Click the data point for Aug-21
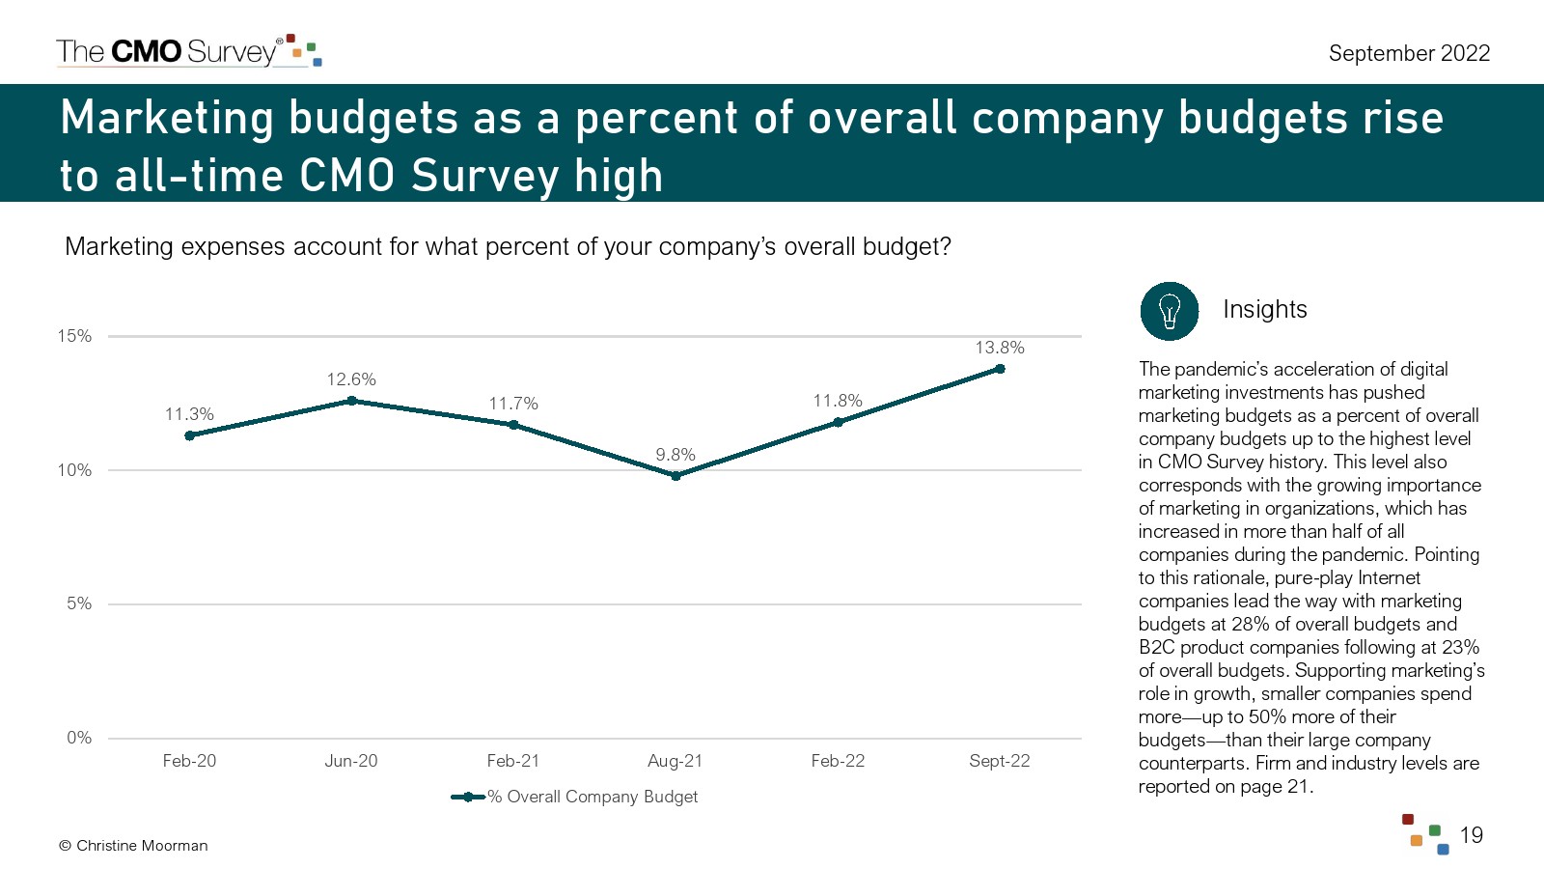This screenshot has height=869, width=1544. click(x=675, y=475)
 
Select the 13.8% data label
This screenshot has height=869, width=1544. click(x=1000, y=348)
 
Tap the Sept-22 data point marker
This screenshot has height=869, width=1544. click(x=1000, y=369)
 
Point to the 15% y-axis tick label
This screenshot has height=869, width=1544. click(x=74, y=336)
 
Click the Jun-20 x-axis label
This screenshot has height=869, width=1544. click(x=351, y=761)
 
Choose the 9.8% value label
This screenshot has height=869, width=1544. click(x=675, y=455)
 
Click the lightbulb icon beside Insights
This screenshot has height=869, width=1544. click(x=1170, y=311)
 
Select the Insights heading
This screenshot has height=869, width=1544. click(x=1264, y=309)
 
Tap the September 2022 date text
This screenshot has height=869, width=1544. click(x=1409, y=53)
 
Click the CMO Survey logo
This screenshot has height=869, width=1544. click(x=188, y=51)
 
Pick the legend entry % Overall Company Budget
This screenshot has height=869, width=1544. click(x=575, y=797)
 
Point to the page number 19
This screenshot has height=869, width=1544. click(x=1471, y=835)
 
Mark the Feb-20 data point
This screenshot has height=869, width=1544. click(x=189, y=435)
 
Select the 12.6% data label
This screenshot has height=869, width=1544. click(x=351, y=379)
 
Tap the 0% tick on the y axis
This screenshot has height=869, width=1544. click(x=79, y=738)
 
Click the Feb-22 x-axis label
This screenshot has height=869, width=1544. click(x=838, y=761)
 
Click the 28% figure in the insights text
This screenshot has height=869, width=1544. click(x=1250, y=624)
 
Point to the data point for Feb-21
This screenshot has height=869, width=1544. click(x=513, y=425)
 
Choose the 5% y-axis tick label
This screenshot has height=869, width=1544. click(x=79, y=603)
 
